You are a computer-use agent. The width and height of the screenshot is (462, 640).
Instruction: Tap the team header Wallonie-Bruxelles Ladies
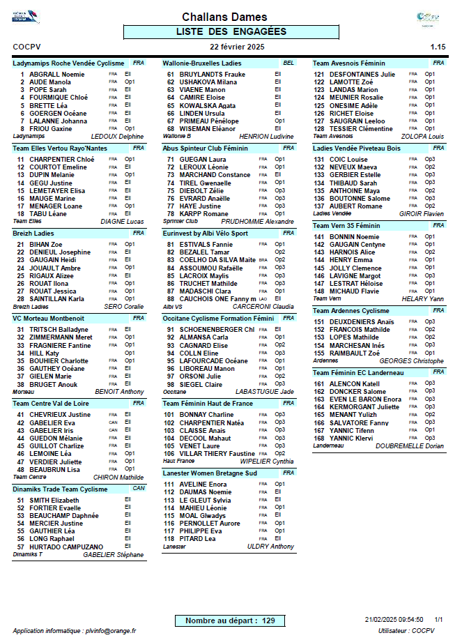(202, 63)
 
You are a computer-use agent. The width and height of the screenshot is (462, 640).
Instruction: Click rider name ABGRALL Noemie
(57, 74)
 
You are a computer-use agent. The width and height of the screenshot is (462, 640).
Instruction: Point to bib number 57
(21, 547)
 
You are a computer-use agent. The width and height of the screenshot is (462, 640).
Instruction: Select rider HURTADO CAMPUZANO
(66, 547)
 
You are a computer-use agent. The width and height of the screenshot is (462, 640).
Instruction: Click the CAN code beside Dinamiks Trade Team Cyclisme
(139, 489)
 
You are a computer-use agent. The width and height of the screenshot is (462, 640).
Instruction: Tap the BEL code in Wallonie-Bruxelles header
(288, 63)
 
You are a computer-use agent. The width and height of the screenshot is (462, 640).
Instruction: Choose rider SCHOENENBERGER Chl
(217, 329)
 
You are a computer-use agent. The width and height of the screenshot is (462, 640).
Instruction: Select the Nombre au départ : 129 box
(230, 620)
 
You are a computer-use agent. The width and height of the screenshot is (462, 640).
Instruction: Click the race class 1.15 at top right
(438, 47)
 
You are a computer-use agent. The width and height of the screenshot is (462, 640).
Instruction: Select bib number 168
(319, 438)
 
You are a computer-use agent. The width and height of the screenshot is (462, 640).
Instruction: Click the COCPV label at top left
(27, 47)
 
